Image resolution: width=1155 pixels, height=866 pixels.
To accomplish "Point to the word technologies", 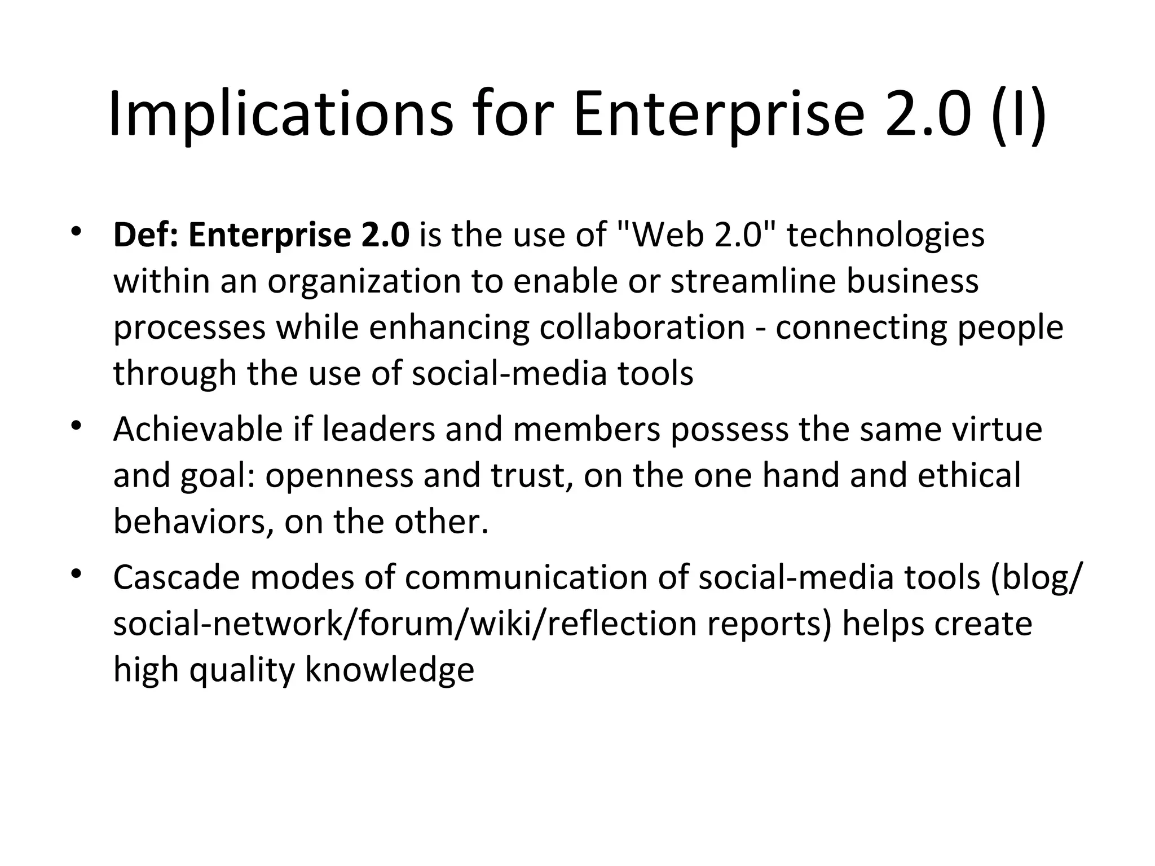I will [x=885, y=235].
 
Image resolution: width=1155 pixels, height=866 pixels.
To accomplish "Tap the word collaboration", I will [x=642, y=328].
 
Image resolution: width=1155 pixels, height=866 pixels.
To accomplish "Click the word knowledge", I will [x=389, y=670].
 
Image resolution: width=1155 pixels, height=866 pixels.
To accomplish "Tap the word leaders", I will [x=379, y=430].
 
